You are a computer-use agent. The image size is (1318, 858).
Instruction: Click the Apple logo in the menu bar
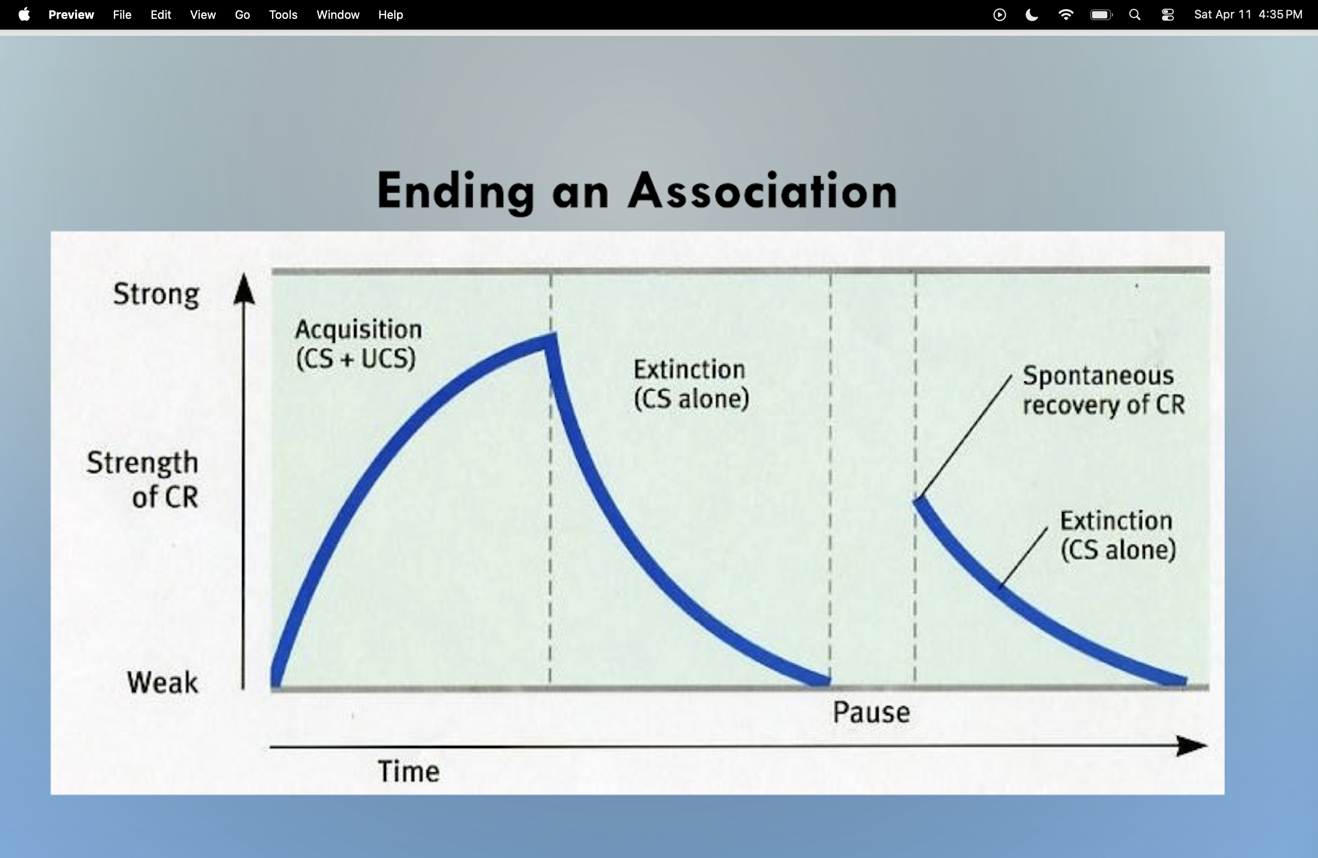tap(24, 14)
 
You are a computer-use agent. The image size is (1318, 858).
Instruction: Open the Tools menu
tap(283, 14)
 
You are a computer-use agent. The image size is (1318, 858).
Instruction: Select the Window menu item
tap(338, 14)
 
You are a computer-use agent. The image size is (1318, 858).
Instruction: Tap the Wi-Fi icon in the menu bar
tap(1065, 14)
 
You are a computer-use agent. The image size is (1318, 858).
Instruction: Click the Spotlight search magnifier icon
tap(1135, 14)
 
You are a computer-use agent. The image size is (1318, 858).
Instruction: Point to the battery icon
tap(1101, 14)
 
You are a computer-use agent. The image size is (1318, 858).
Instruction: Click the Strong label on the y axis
tap(156, 294)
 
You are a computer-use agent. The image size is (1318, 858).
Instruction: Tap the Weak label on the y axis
tap(162, 682)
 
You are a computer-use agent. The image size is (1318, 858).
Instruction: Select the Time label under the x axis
tap(409, 771)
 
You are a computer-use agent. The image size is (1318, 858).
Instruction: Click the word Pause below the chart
tap(871, 712)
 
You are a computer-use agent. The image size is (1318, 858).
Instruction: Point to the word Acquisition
tap(358, 329)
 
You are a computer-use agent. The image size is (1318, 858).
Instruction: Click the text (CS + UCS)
tap(356, 358)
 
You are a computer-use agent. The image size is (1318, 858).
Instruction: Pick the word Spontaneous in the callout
tap(1097, 375)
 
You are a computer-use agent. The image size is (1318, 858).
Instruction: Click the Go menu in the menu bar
tap(242, 14)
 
